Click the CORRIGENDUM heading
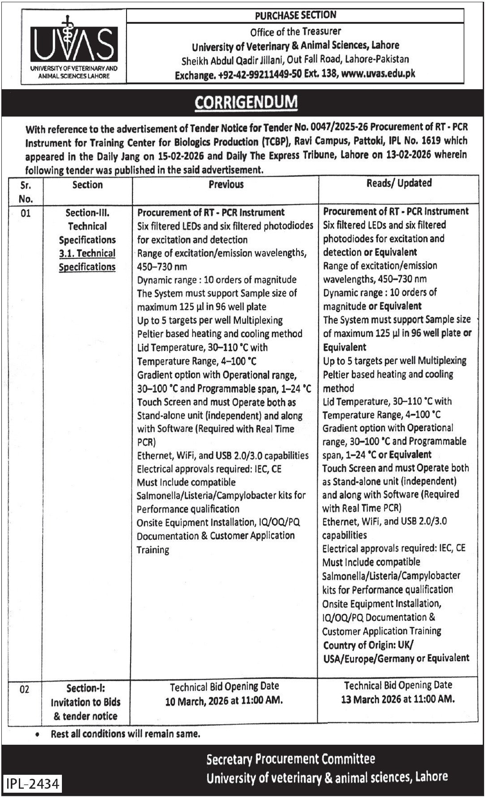[x=246, y=102]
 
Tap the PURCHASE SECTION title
[x=295, y=16]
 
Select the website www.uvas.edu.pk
[x=378, y=74]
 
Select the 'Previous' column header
[x=226, y=184]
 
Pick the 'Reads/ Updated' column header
[x=398, y=183]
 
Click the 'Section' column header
[x=87, y=185]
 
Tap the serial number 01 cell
[x=26, y=213]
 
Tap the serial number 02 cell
[x=25, y=690]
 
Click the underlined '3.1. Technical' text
[x=87, y=253]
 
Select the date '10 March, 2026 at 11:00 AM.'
[x=224, y=701]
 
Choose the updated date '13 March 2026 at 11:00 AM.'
[x=398, y=699]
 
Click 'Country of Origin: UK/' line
[x=368, y=645]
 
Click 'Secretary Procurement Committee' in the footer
[x=290, y=759]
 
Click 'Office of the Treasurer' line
[x=295, y=31]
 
